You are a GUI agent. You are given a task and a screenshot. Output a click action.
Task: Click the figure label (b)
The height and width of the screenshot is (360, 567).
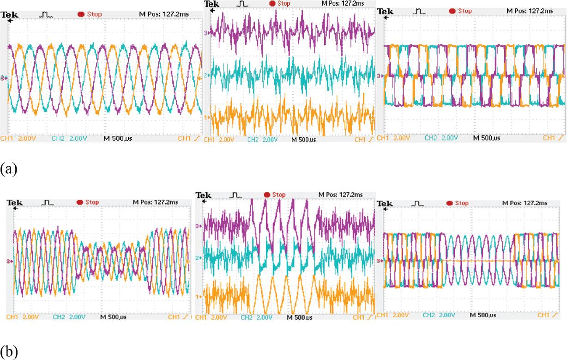[x=9, y=352]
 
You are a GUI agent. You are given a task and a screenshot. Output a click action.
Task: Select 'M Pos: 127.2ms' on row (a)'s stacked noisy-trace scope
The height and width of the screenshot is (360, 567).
[x=342, y=3]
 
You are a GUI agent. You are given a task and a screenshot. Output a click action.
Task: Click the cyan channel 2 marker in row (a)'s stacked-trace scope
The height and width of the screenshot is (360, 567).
[x=207, y=74]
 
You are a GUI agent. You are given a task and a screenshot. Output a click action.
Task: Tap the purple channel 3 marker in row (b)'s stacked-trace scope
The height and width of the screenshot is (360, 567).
[x=199, y=226]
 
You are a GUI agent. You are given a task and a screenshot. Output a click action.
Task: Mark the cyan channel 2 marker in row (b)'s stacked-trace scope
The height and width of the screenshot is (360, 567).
[x=199, y=257]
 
